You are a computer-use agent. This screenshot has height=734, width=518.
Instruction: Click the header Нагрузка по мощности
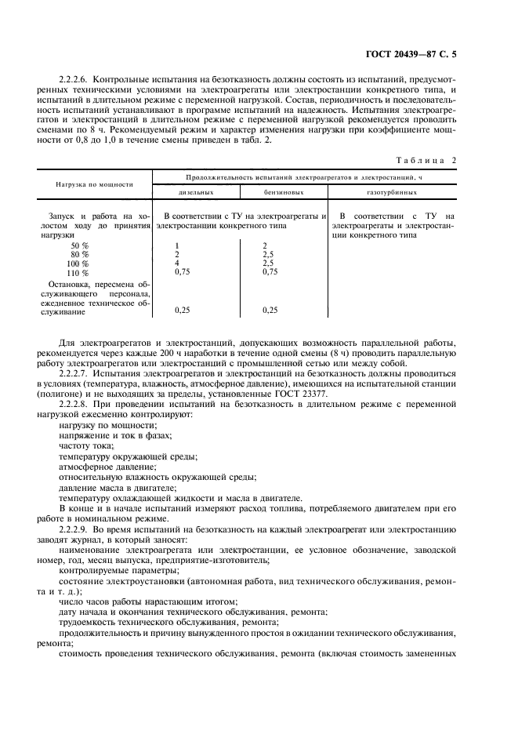tap(94, 184)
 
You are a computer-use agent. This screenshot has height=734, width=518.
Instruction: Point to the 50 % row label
tap(79, 245)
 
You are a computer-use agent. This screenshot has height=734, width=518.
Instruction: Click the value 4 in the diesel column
tap(176, 263)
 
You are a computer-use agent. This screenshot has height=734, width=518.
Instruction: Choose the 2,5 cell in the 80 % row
tap(269, 254)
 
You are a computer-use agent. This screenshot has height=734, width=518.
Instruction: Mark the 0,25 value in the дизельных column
tap(182, 311)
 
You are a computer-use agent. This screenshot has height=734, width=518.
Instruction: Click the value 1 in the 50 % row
tap(176, 245)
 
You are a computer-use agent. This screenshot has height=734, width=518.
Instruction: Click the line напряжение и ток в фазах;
tap(115, 434)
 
